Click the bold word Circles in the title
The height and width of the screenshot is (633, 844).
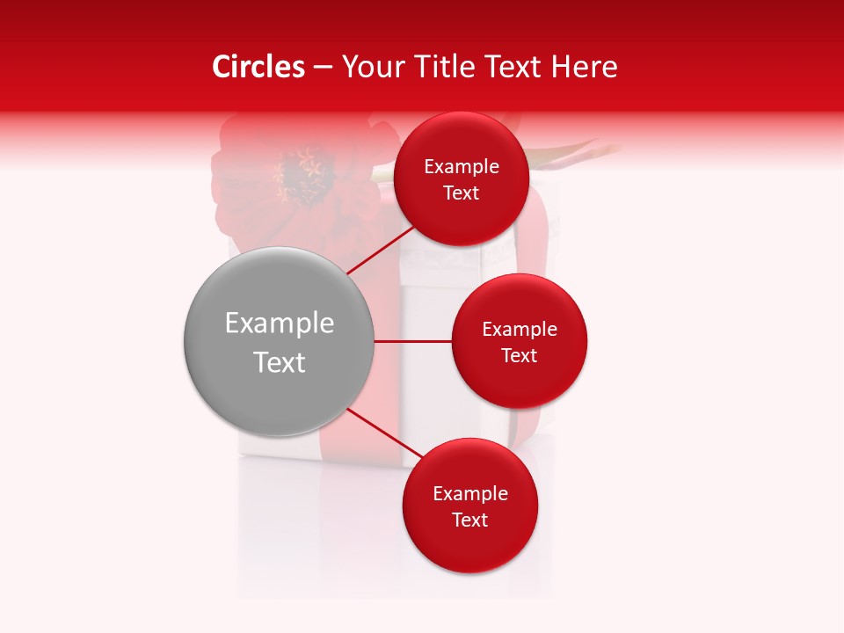[258, 67]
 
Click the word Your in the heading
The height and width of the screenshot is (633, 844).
[369, 67]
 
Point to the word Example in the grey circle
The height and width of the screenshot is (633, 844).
[280, 324]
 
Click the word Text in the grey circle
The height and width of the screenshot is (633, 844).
[280, 362]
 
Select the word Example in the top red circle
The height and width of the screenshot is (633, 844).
[462, 167]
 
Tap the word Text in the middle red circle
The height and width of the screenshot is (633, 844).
[520, 355]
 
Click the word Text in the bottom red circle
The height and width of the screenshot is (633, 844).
[470, 520]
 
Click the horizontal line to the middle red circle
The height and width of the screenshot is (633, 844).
[412, 341]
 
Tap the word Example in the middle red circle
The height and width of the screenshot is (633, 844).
[520, 330]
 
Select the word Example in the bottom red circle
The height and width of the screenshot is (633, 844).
[470, 494]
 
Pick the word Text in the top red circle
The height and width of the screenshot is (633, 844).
[462, 193]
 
